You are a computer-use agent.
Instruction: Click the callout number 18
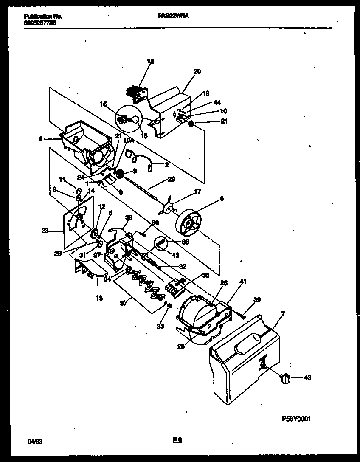pyautogui.click(x=151, y=61)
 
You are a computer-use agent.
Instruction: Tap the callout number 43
pyautogui.click(x=307, y=377)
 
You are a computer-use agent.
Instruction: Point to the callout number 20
pyautogui.click(x=197, y=71)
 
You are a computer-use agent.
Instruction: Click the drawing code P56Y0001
pyautogui.click(x=296, y=419)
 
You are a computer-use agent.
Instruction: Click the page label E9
pyautogui.click(x=177, y=441)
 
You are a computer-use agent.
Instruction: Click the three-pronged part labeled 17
pyautogui.click(x=169, y=208)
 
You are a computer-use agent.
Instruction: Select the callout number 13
pyautogui.click(x=99, y=298)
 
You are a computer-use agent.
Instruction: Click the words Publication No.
pyautogui.click(x=43, y=16)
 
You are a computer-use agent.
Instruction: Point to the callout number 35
pyautogui.click(x=205, y=275)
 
